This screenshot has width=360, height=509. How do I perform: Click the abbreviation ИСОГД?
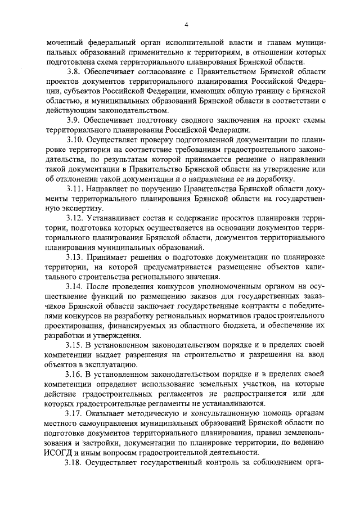pyautogui.click(x=61, y=452)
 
